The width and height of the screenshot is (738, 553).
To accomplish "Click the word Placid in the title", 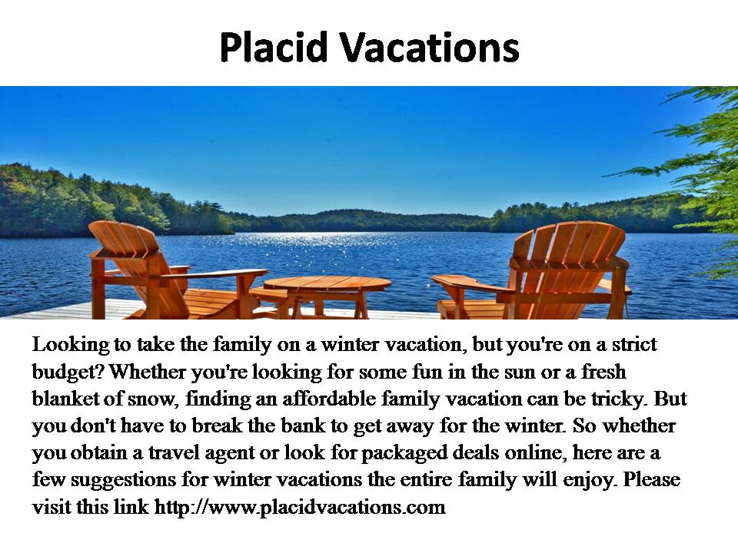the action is tap(273, 48).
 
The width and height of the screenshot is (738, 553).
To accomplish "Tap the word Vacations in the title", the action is tap(429, 48).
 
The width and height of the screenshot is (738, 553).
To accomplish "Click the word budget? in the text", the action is tap(68, 372).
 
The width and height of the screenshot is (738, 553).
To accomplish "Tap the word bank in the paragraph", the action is tap(303, 426).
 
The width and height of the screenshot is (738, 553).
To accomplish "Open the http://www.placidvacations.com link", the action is tap(300, 508).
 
